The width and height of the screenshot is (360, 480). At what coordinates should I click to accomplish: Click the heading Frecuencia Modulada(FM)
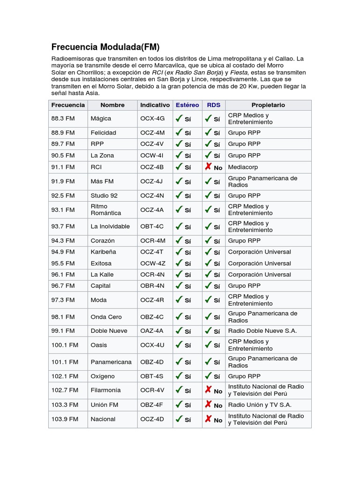(105, 47)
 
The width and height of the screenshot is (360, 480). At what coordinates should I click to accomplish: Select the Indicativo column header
(155, 105)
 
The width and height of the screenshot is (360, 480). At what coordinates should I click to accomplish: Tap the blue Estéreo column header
(187, 105)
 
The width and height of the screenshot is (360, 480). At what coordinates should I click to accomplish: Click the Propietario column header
(268, 105)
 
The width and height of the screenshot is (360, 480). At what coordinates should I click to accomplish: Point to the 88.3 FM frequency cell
(63, 119)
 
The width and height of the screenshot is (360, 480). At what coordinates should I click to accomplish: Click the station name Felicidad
(103, 133)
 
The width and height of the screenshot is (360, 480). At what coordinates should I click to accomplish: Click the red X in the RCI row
(208, 166)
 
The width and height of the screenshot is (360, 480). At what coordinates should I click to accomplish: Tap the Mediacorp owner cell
(243, 167)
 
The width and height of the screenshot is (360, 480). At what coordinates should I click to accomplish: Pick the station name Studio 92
(104, 195)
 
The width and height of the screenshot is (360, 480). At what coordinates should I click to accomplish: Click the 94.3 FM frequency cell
(63, 240)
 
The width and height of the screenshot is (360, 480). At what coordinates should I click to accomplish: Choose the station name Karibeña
(103, 252)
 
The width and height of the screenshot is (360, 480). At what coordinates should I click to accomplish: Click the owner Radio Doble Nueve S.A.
(262, 330)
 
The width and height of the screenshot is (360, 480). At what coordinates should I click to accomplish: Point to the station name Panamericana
(111, 362)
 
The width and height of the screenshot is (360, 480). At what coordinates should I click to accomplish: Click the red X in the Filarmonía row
(208, 390)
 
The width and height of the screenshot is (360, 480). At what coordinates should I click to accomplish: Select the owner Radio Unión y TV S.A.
(260, 405)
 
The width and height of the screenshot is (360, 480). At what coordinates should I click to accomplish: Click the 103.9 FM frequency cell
(65, 419)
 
